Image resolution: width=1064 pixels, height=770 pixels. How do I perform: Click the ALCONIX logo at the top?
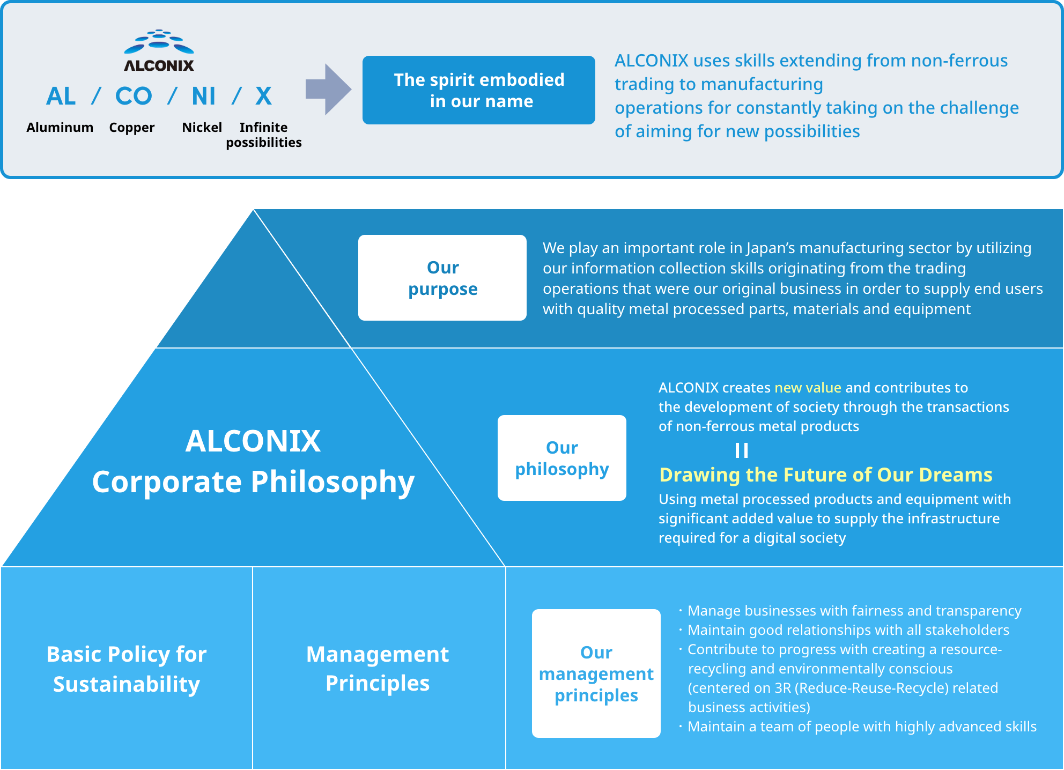[159, 50]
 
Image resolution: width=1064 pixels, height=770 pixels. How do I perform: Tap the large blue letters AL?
[61, 97]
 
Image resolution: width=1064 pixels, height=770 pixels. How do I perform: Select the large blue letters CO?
[134, 97]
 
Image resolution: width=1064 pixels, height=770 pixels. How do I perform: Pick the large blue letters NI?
[204, 97]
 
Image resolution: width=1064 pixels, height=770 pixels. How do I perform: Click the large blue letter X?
[263, 97]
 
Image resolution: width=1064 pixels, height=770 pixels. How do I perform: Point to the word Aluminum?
[60, 128]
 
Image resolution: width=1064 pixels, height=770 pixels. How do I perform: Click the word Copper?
[131, 128]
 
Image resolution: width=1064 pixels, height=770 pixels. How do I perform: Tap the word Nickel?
[202, 128]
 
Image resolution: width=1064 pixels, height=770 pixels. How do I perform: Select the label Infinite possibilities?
[264, 135]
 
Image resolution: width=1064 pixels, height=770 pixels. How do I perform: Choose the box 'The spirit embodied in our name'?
[479, 90]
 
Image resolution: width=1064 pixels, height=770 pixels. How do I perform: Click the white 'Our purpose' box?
[442, 278]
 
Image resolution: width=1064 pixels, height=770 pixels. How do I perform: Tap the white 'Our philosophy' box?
[562, 458]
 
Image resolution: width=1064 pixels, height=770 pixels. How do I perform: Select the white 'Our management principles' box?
[596, 673]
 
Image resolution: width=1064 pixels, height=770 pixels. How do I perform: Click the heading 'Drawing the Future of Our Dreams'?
[826, 475]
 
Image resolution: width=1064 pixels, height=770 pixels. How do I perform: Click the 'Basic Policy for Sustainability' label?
[127, 669]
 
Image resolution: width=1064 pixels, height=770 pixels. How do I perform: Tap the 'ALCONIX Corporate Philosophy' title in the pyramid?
[253, 461]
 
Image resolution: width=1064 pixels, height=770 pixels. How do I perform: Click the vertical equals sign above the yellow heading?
[742, 450]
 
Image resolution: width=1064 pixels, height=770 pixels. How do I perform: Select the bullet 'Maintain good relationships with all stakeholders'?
[848, 630]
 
